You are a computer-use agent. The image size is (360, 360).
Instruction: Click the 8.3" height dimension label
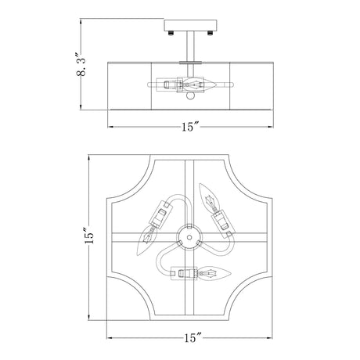click(x=81, y=64)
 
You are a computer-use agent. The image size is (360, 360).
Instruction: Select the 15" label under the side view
click(x=190, y=127)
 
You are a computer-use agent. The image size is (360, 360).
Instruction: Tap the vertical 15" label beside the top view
click(x=88, y=236)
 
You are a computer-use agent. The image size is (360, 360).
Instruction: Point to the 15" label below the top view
click(x=193, y=338)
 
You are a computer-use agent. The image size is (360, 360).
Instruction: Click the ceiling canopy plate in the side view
click(x=190, y=25)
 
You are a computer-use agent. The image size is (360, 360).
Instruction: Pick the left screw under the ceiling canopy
click(x=171, y=33)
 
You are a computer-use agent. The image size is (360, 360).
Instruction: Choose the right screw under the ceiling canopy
click(x=210, y=33)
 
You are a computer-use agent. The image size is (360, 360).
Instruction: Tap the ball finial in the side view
click(x=190, y=96)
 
